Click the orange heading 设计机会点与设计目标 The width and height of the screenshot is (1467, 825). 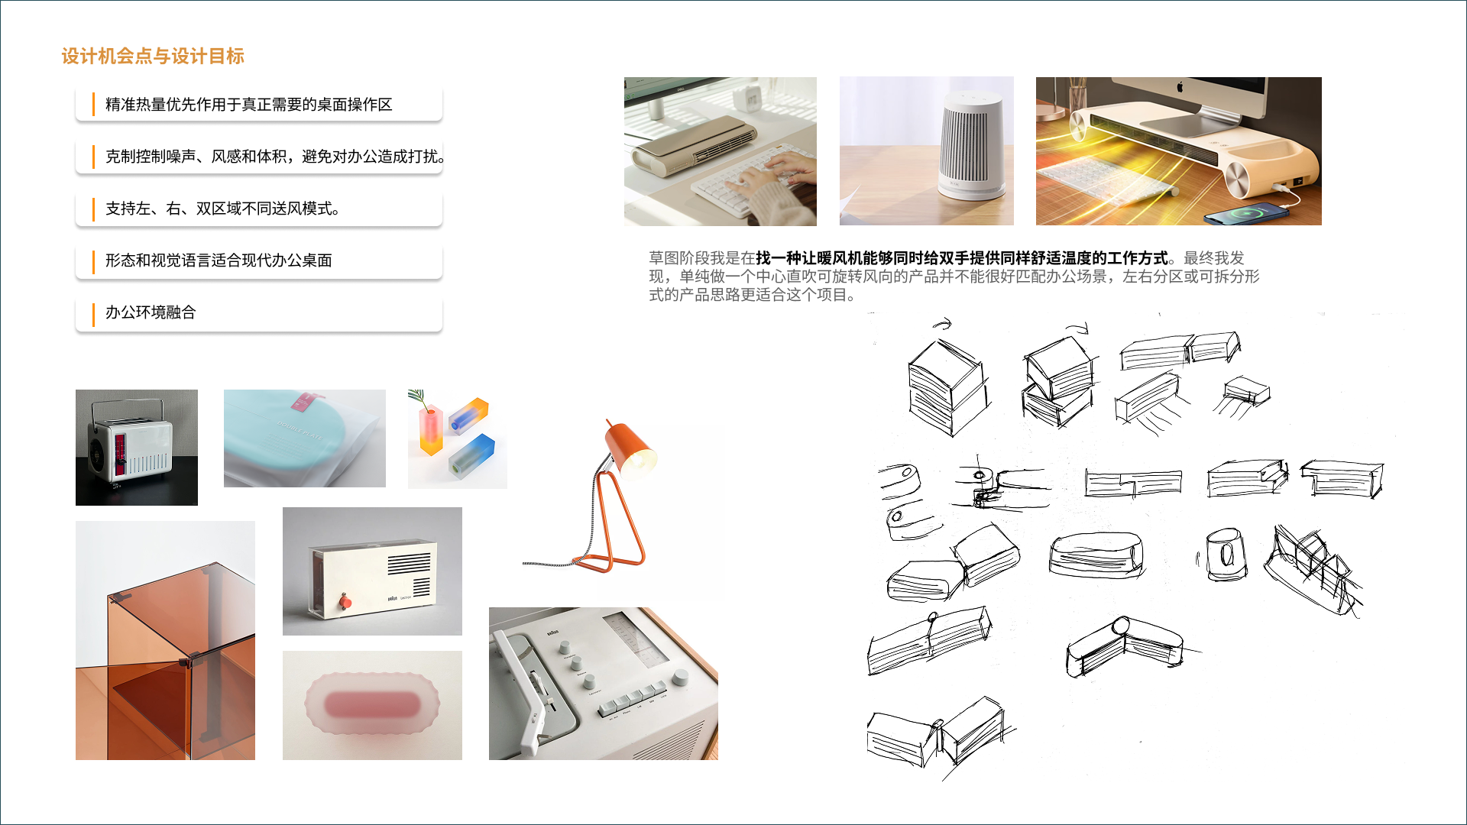pos(153,56)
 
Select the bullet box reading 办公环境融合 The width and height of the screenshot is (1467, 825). pos(258,312)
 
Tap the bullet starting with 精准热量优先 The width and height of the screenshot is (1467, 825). pos(258,105)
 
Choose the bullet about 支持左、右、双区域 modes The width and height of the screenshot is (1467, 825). pos(258,209)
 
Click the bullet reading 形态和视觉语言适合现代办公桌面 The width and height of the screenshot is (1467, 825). pos(258,260)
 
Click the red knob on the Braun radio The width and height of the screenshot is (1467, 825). pos(345,603)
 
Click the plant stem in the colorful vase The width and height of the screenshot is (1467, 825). pos(419,399)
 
